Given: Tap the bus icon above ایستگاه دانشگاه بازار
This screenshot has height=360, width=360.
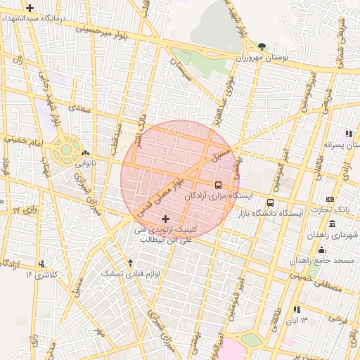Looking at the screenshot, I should click(x=271, y=203).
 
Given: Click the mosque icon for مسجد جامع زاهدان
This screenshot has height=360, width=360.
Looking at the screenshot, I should click(x=322, y=250).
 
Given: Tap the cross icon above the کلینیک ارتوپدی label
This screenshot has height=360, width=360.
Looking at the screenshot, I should click(x=165, y=219).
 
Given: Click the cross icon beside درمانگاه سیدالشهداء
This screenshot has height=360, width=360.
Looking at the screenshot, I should click(x=30, y=8).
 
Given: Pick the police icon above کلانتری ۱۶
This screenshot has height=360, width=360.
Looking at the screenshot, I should click(x=44, y=264).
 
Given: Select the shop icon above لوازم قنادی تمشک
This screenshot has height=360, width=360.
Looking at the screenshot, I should click(x=130, y=262).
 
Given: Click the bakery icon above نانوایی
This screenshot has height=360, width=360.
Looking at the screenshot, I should click(x=85, y=153).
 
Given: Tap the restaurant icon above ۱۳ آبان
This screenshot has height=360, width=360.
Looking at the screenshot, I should click(x=297, y=309).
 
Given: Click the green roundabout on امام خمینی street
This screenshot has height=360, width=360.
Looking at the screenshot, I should click(x=66, y=149).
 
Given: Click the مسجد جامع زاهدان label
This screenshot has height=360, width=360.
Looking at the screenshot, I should click(x=324, y=260).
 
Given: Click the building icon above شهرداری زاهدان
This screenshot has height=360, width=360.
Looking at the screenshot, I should click(x=332, y=224).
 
